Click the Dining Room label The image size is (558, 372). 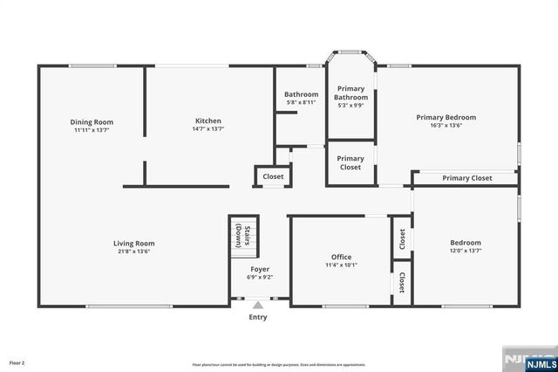(92, 121)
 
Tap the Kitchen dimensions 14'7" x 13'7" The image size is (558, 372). (208, 129)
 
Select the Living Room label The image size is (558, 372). (133, 244)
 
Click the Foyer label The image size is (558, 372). (260, 269)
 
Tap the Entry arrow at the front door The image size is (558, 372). (258, 305)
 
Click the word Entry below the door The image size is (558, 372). (258, 317)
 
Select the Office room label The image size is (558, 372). (341, 257)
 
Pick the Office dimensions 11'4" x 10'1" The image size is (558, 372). (341, 265)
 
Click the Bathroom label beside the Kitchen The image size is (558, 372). (302, 94)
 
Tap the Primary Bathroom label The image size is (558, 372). (350, 92)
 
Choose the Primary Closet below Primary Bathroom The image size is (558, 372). (350, 162)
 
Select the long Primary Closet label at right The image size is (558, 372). (466, 178)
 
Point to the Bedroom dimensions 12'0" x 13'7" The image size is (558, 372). (465, 251)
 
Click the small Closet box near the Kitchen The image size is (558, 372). (273, 177)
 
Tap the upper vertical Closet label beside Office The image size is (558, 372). (401, 238)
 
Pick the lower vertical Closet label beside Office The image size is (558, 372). (401, 283)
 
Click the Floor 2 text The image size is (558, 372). (17, 362)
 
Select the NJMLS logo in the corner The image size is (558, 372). (527, 359)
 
